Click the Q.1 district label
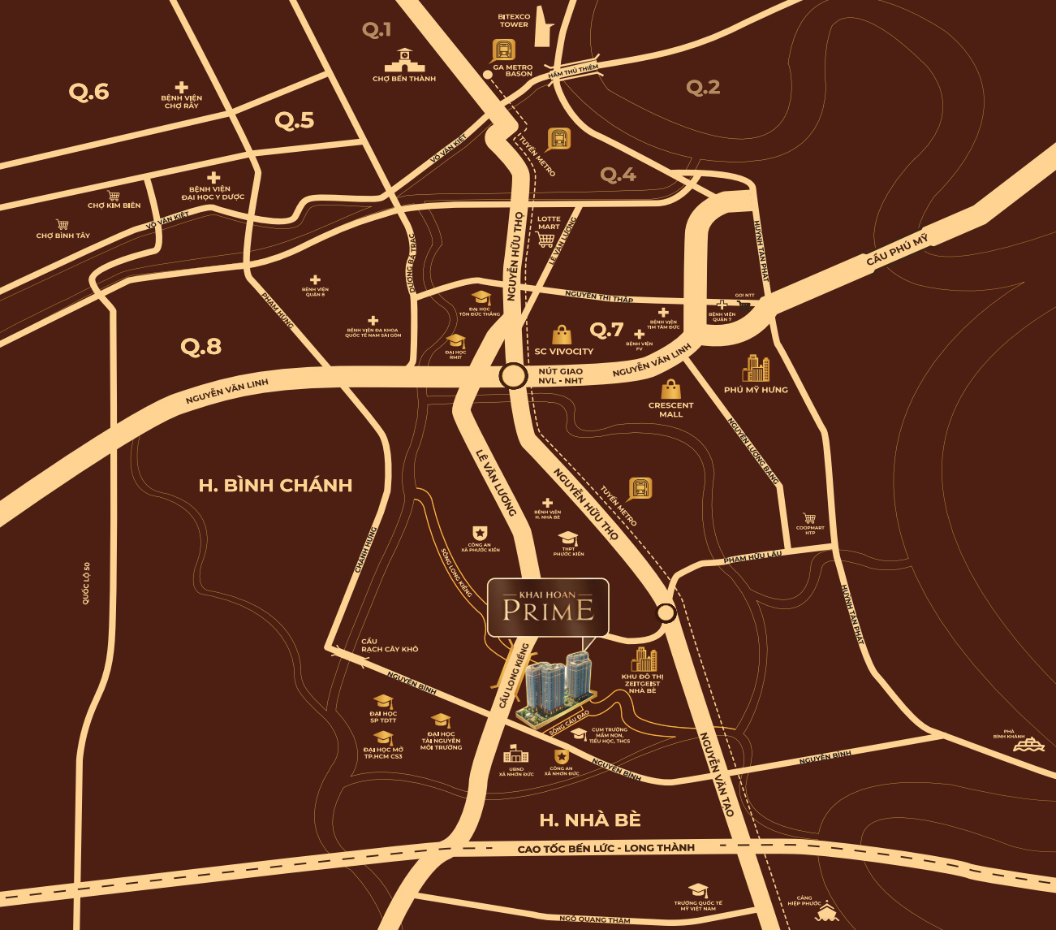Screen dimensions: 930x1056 pyautogui.click(x=377, y=30)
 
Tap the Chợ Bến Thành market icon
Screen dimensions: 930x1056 pyautogui.click(x=403, y=61)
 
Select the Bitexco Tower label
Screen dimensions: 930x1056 pyautogui.click(x=514, y=20)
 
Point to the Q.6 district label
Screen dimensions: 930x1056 pyautogui.click(x=88, y=92)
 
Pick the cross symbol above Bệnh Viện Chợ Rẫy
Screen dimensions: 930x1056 pyautogui.click(x=181, y=87)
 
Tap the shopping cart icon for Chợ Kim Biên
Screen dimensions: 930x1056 pyautogui.click(x=114, y=196)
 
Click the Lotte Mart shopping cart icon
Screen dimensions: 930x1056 pyautogui.click(x=546, y=239)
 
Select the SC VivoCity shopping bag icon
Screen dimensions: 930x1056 pyautogui.click(x=562, y=335)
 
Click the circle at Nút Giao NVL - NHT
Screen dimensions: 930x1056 pyautogui.click(x=512, y=376)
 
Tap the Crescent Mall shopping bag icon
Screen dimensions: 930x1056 pyautogui.click(x=670, y=388)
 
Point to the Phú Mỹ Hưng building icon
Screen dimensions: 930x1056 pyautogui.click(x=756, y=368)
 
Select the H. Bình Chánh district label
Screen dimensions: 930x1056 pyautogui.click(x=275, y=486)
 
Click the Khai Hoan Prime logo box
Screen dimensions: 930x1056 pyautogui.click(x=548, y=608)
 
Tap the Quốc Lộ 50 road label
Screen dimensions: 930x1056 pyautogui.click(x=86, y=582)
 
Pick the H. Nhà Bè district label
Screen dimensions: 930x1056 pyautogui.click(x=590, y=820)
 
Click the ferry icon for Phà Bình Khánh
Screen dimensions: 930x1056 pyautogui.click(x=1028, y=746)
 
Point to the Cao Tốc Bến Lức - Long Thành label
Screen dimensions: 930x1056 pyautogui.click(x=606, y=848)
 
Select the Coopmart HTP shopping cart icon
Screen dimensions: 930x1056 pyautogui.click(x=809, y=517)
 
